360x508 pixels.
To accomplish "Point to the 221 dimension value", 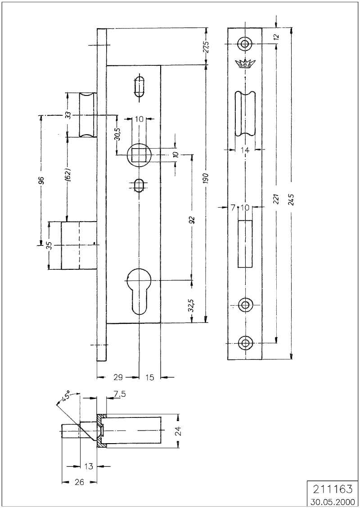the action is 276,198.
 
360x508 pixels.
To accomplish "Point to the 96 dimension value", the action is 41,180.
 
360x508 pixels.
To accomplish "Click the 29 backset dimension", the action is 118,377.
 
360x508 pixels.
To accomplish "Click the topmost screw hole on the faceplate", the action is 244,43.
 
